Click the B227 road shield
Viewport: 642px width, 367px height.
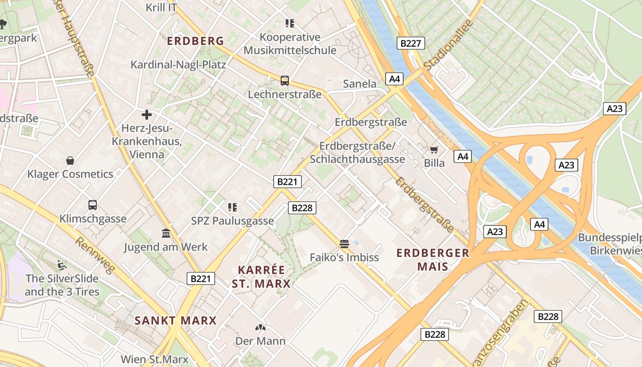coord(410,44)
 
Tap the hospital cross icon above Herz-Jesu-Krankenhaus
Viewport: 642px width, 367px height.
coord(147,114)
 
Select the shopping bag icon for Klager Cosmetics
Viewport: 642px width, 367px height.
coord(70,161)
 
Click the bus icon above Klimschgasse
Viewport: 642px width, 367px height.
coord(93,205)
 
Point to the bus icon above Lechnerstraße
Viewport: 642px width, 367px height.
coord(285,81)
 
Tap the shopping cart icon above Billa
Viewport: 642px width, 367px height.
coord(434,150)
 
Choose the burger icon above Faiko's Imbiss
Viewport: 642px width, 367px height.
coord(344,244)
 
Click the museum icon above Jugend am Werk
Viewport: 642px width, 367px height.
coord(166,234)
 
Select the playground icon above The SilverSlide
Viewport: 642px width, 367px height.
coord(62,265)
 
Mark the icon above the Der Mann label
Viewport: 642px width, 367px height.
coord(260,328)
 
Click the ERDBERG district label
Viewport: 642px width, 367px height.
coord(195,41)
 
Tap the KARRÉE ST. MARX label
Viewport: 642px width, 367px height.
coord(261,277)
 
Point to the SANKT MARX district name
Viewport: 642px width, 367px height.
coord(175,320)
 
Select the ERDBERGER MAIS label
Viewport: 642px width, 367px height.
coord(433,260)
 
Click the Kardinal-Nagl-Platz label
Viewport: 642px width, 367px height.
coord(178,64)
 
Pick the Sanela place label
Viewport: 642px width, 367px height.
coord(360,84)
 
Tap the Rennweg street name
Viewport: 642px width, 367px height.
coord(94,256)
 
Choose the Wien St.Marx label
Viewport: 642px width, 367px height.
coord(155,359)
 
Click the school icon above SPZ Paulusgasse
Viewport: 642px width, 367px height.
coord(232,207)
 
